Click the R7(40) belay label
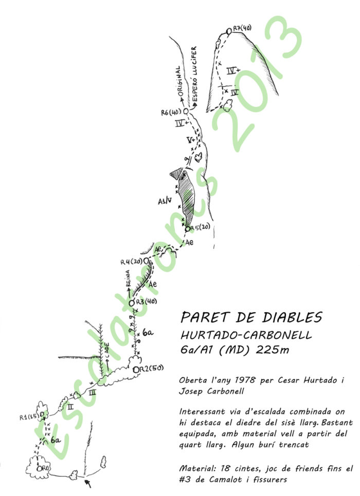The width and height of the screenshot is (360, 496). [x=242, y=28]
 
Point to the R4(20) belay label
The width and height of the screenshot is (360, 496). [x=131, y=262]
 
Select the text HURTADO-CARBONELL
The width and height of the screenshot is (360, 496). [x=246, y=335]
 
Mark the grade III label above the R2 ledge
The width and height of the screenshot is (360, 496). [x=93, y=392]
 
